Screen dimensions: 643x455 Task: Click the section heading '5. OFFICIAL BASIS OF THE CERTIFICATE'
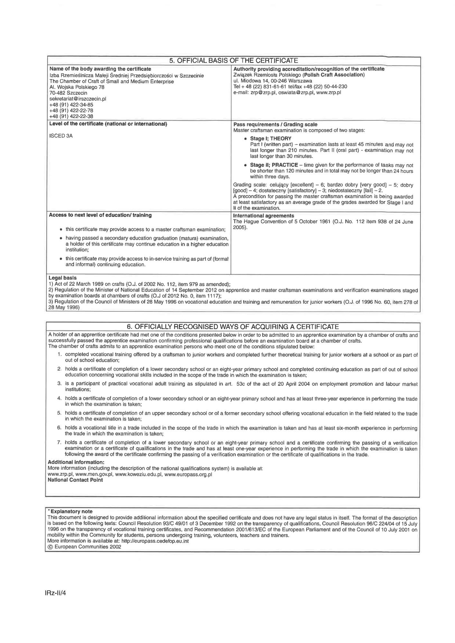[x=234, y=60]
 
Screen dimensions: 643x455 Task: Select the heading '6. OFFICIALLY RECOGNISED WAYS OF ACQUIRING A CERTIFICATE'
[x=233, y=327]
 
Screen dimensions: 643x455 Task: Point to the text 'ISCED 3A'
[x=61, y=136]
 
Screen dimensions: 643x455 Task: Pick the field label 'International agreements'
[x=264, y=216]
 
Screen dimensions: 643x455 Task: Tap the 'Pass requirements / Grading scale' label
[x=275, y=124]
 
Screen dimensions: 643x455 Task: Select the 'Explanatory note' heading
[x=70, y=512]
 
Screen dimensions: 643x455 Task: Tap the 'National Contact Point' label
[x=75, y=480]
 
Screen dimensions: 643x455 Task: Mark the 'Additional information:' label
[x=76, y=462]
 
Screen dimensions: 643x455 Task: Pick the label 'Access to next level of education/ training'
[x=100, y=215]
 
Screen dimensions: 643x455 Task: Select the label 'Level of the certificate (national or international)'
[x=108, y=124]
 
